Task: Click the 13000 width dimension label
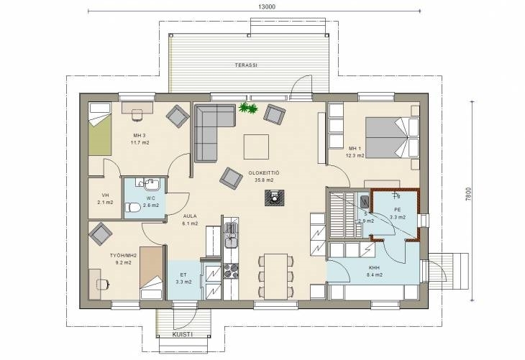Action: [267, 6]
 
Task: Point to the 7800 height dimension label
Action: [468, 194]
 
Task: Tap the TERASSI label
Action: [246, 65]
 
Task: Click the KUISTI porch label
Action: [183, 334]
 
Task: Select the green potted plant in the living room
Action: [248, 108]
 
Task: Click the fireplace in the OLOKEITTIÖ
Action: [275, 198]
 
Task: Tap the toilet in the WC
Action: [133, 208]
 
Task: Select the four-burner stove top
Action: [231, 271]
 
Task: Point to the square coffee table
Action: [256, 147]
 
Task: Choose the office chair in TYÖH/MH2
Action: [103, 284]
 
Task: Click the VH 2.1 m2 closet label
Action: [105, 199]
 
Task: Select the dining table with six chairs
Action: [276, 277]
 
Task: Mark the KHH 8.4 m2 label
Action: [373, 272]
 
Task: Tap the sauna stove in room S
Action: [365, 202]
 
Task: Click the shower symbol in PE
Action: [397, 196]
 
